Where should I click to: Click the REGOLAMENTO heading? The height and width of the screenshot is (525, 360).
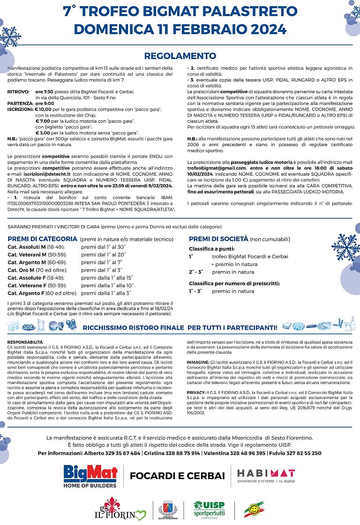click(x=180, y=56)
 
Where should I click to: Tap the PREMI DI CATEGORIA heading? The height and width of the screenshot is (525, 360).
click(x=43, y=238)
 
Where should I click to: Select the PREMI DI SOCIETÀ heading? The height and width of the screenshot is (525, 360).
click(x=218, y=239)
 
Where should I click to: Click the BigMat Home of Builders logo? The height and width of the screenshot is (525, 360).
click(x=91, y=476)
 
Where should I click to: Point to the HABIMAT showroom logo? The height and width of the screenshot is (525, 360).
click(x=266, y=475)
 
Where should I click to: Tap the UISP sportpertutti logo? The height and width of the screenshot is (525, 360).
click(x=209, y=510)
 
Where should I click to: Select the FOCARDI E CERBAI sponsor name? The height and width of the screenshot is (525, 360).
click(x=177, y=476)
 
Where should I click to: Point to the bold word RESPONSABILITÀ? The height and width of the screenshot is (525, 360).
click(x=25, y=342)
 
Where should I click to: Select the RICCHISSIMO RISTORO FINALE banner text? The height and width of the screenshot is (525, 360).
click(x=180, y=326)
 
